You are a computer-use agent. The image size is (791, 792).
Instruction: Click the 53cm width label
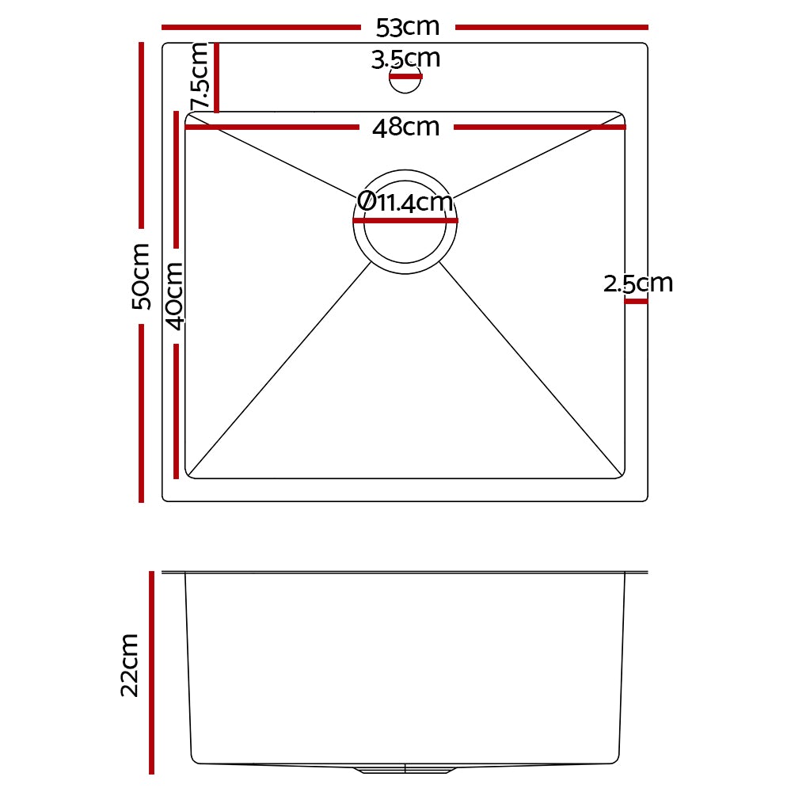[x=407, y=27]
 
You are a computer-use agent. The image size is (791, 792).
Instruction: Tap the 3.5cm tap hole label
[x=405, y=59]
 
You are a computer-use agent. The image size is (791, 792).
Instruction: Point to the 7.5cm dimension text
[x=200, y=77]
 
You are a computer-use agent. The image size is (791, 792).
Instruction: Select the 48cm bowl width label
[x=405, y=127]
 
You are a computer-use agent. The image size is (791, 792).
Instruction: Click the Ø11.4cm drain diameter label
[x=405, y=202]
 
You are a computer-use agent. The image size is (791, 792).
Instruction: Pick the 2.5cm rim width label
[x=637, y=283]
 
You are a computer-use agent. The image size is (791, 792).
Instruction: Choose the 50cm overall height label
[x=141, y=276]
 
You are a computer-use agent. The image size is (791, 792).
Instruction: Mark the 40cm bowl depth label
[x=175, y=295]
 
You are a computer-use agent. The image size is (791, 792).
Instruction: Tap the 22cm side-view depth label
[x=130, y=665]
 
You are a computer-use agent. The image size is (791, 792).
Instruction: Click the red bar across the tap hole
[x=405, y=77]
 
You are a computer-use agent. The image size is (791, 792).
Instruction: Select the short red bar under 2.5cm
[x=636, y=301]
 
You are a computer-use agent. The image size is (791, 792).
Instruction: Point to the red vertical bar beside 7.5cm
[x=216, y=78]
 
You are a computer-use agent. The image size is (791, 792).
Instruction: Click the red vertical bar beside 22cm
[x=150, y=672]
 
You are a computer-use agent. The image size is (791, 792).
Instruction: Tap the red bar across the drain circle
[x=405, y=221]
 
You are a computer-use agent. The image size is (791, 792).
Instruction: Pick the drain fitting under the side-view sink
[x=405, y=768]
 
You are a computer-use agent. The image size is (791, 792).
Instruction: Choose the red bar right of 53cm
[x=551, y=27]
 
